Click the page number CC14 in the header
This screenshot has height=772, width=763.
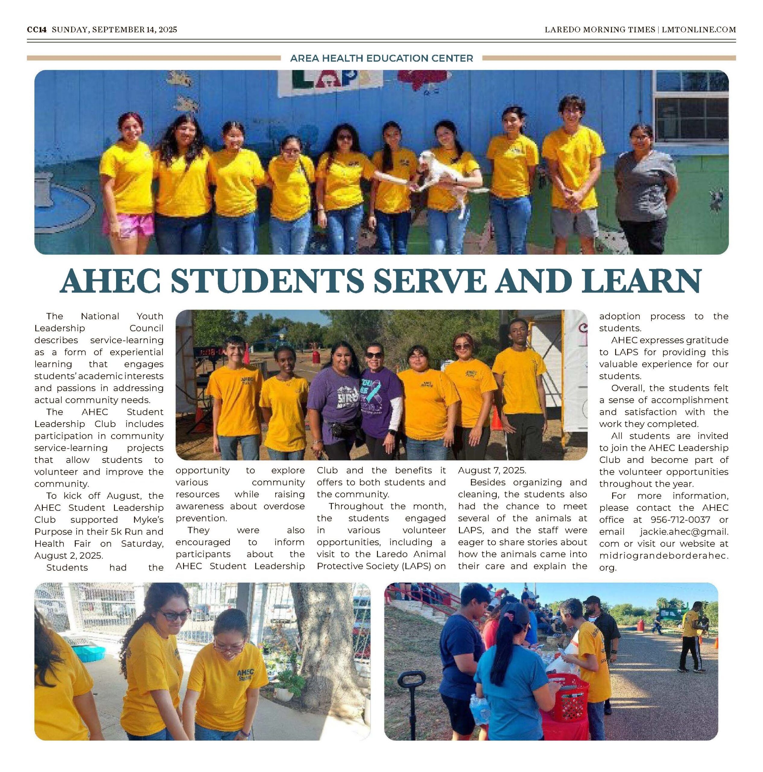pyautogui.click(x=37, y=30)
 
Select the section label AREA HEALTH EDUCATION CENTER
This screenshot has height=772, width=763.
pyautogui.click(x=381, y=58)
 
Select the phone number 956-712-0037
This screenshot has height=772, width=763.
pyautogui.click(x=680, y=520)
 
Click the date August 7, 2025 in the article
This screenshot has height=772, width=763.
pyautogui.click(x=492, y=470)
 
